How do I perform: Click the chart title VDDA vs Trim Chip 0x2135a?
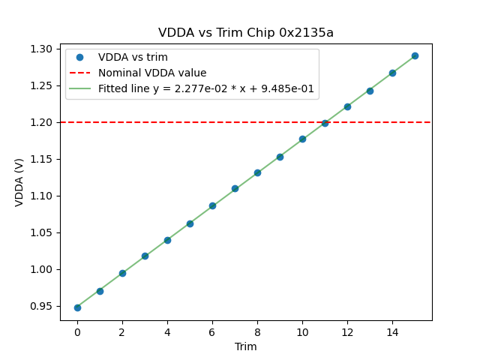tap(246, 33)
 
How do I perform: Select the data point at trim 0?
tap(77, 307)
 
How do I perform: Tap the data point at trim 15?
tap(415, 55)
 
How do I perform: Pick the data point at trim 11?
tap(325, 123)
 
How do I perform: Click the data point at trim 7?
tap(235, 188)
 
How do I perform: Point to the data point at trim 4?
tap(167, 240)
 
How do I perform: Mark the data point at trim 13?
tap(370, 91)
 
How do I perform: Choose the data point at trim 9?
tap(280, 157)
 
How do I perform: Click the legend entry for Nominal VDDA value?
tap(152, 73)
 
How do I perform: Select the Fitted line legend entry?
tap(205, 88)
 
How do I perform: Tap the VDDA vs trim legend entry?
tap(133, 57)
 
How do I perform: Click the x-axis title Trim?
tap(246, 346)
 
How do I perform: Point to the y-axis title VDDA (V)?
tap(20, 182)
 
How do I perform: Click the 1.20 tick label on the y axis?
tap(43, 122)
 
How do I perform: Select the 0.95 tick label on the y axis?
tap(43, 306)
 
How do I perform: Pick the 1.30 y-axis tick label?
tap(43, 49)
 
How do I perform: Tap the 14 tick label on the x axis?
tap(392, 331)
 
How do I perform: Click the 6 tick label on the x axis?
tap(212, 331)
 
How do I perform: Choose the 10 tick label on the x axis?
tap(302, 331)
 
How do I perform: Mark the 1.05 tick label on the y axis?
tap(43, 232)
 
